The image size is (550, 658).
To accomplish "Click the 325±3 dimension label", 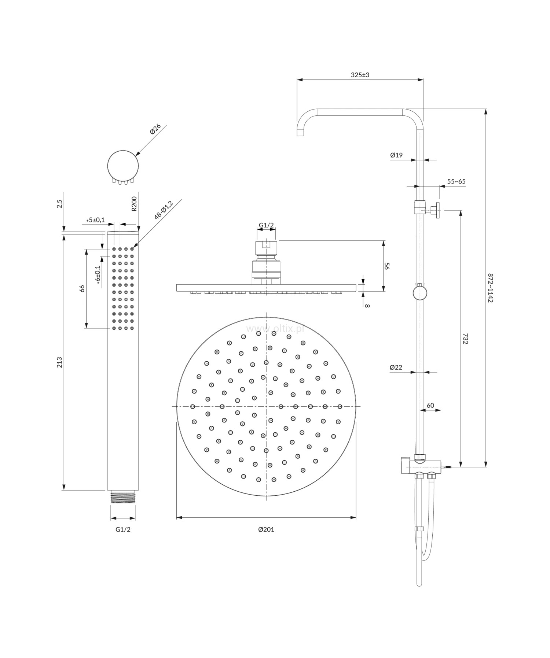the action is (x=360, y=75).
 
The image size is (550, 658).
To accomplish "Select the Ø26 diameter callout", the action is (x=155, y=129).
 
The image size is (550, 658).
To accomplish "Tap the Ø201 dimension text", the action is (x=266, y=529).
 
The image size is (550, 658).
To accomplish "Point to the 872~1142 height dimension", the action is (x=491, y=287).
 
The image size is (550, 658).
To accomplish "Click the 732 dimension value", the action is (x=465, y=339).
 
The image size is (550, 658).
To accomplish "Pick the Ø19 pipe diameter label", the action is (x=396, y=155).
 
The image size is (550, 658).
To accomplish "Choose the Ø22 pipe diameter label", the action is (x=396, y=367).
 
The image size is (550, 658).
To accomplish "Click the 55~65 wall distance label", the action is (x=456, y=182).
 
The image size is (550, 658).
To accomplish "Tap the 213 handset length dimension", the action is (x=60, y=362).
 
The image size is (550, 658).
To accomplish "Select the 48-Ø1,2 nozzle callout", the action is (x=164, y=210).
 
